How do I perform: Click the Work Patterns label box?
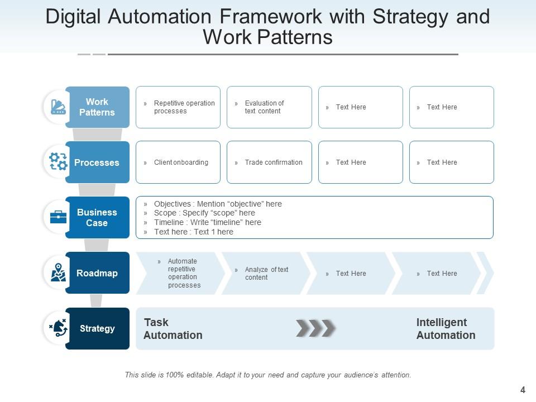coord(97,107)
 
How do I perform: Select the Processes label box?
coord(97,162)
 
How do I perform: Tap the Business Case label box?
coord(97,218)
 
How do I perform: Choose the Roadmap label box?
coord(97,273)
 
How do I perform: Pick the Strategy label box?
coord(97,328)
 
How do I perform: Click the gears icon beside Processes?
coord(58,162)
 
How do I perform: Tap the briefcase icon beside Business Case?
coord(58,217)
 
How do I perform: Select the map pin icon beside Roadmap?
coord(58,272)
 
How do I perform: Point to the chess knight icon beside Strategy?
coord(58,328)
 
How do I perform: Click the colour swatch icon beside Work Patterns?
coord(58,107)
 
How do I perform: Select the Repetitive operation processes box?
coord(178,107)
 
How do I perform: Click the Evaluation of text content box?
coord(269,107)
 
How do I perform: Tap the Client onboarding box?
coord(178,162)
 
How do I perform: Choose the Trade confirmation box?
coord(269,162)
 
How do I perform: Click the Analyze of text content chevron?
coord(266,273)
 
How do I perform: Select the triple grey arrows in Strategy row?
coord(315,328)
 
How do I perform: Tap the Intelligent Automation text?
coord(446,329)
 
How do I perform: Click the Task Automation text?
coord(173,329)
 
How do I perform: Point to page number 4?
coord(523,390)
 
